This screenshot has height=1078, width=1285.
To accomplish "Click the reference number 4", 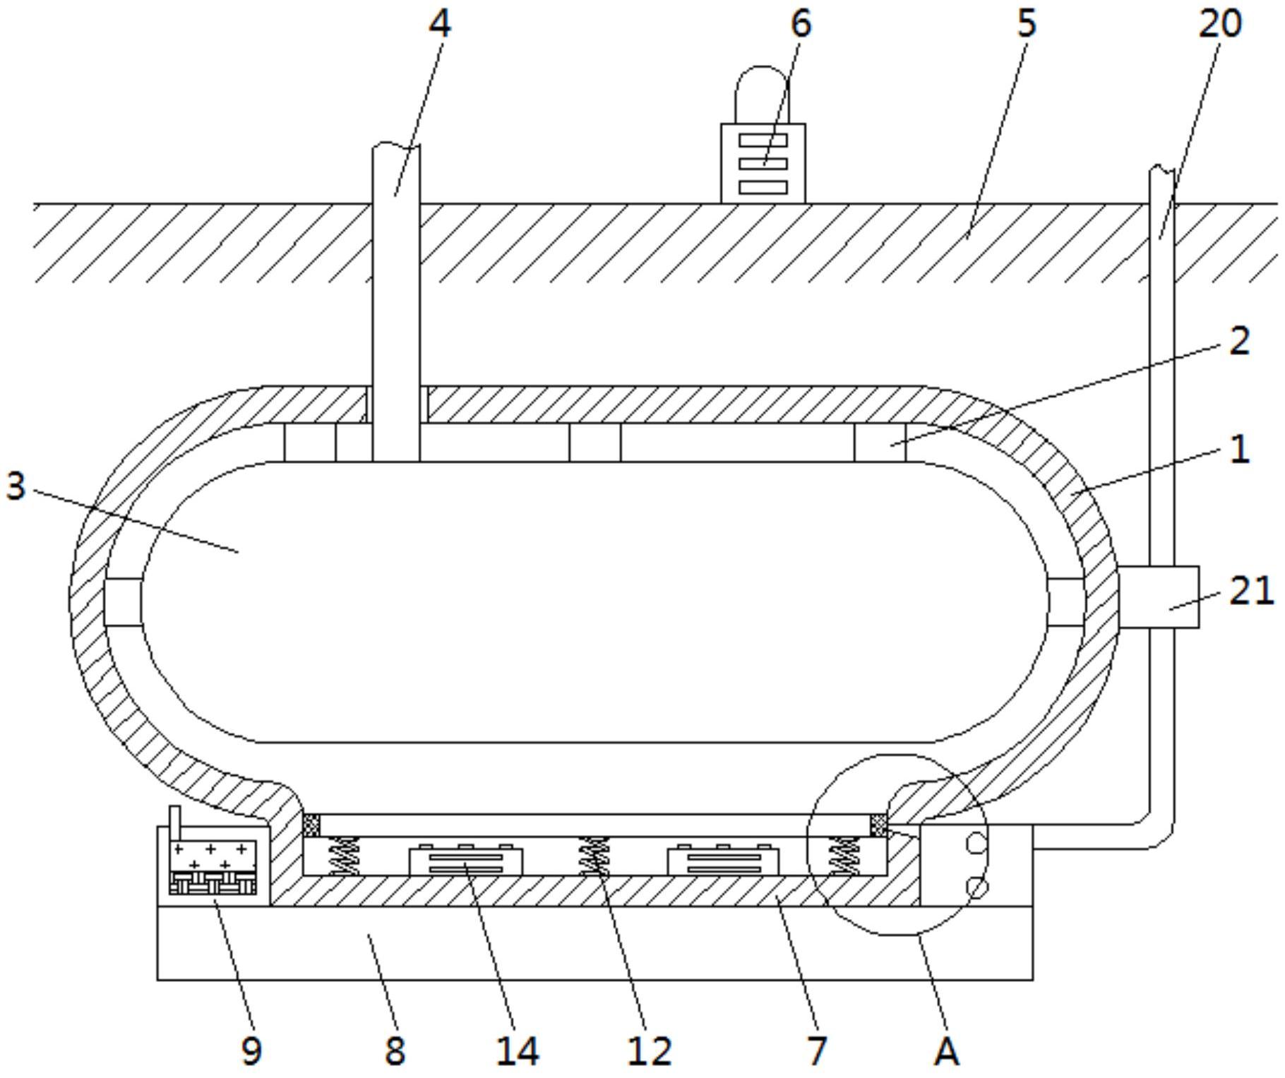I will tap(439, 24).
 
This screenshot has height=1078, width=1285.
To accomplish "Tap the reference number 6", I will tap(801, 24).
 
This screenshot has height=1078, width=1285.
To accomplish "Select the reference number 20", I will tap(1219, 24).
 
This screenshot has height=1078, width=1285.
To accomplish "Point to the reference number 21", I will tap(1251, 590).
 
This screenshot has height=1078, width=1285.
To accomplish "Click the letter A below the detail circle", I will tap(946, 1051).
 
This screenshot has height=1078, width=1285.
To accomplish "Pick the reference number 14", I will tap(518, 1051).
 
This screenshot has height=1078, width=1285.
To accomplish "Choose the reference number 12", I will tap(649, 1051).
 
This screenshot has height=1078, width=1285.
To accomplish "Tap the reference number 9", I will tap(251, 1051).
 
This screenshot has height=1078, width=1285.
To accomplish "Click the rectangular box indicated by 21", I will tap(1158, 597).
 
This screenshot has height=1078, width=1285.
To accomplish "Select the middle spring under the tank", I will tap(594, 856).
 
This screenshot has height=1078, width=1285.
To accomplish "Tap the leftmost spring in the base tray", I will tap(344, 856).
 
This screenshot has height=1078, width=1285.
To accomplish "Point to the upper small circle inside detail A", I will tap(975, 843).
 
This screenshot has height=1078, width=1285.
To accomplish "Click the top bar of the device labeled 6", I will tap(763, 140).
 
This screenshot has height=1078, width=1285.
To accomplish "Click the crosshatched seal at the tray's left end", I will tap(311, 825).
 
